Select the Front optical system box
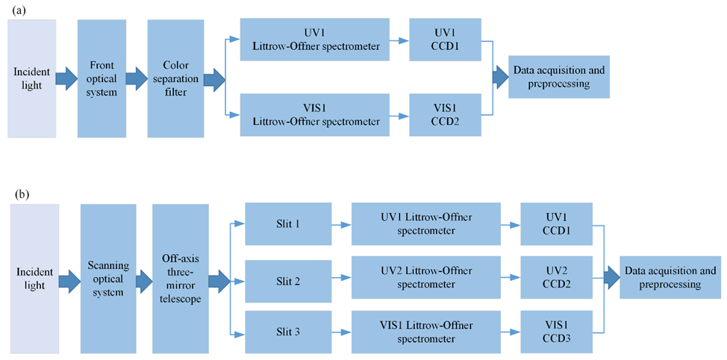(101, 78)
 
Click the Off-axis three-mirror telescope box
(179, 278)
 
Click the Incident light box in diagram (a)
(31, 78)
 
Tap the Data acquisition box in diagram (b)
(669, 278)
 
